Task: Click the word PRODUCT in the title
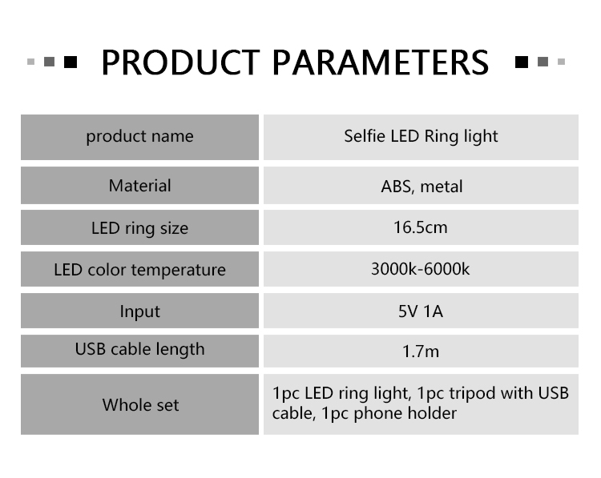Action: coord(180,62)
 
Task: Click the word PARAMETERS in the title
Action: coord(380,62)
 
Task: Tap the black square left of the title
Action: coord(71,62)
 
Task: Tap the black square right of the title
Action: coord(522,62)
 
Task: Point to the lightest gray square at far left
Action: coord(31,62)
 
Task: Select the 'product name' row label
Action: coord(139,136)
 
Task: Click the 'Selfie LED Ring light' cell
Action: coord(421,136)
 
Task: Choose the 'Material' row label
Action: coord(139,186)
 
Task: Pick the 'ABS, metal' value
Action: coord(422,187)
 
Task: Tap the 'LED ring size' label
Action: coord(139,228)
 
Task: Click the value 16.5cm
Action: coord(421,227)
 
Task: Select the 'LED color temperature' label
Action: coord(139,270)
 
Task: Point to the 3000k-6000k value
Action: coord(420,269)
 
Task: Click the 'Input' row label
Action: coord(140,311)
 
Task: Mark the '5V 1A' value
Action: coord(421,311)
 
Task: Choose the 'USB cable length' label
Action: coord(139,349)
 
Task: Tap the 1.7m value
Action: coord(421,351)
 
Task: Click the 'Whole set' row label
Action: coord(140,405)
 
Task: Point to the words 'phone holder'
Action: coord(405,413)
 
